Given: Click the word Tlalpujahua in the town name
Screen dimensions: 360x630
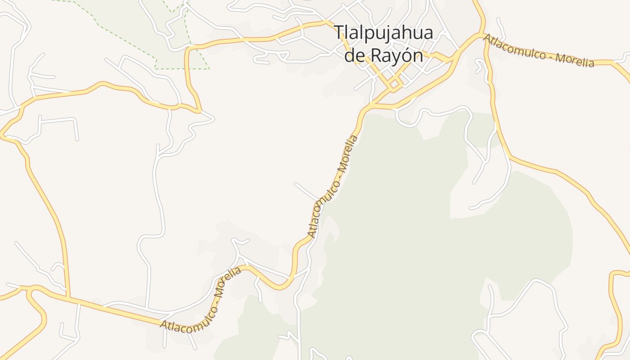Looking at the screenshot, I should coord(383,33).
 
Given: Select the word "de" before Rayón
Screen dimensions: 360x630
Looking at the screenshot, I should coord(355,56).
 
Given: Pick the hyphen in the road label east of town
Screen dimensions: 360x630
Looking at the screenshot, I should coord(550,56).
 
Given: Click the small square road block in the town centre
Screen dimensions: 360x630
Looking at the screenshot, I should coord(394,84).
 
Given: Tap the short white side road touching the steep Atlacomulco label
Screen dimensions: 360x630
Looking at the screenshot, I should coord(306,191).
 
